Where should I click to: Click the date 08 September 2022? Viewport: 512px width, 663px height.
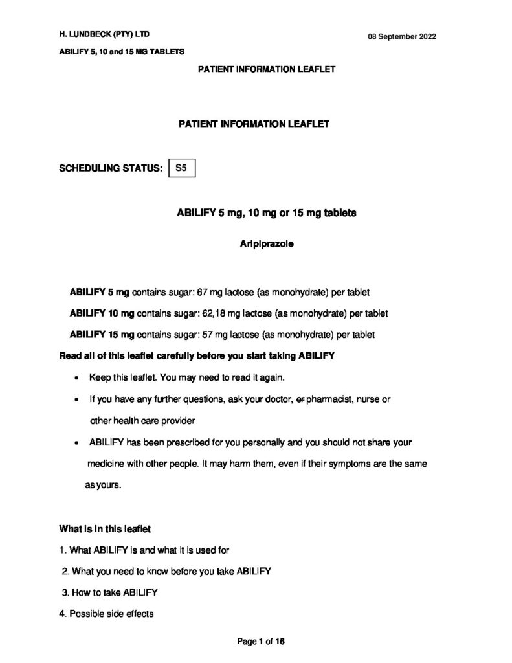(x=402, y=36)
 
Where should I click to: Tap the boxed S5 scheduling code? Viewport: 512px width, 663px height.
(x=181, y=168)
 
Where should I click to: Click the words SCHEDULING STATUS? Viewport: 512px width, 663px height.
(x=110, y=169)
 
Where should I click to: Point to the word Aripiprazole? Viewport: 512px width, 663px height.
(x=267, y=244)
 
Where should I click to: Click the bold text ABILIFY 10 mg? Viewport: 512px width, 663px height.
(x=102, y=313)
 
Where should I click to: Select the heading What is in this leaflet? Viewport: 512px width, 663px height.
(x=105, y=529)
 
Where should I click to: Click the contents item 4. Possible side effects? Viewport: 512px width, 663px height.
(x=106, y=614)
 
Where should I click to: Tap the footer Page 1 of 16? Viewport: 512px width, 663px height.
(x=261, y=642)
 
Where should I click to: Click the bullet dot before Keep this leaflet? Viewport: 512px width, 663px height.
(x=78, y=378)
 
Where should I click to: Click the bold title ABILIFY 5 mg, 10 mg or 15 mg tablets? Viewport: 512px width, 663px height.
(x=266, y=212)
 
